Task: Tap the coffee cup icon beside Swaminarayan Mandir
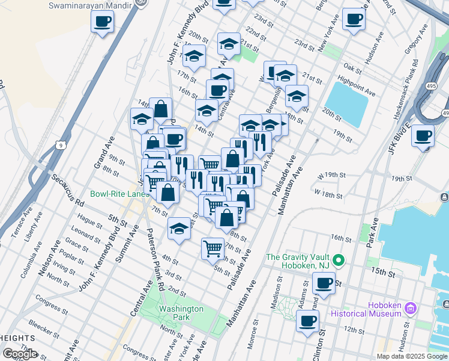tap(103, 23)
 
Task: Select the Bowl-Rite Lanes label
tap(119, 194)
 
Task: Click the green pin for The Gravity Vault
tap(339, 261)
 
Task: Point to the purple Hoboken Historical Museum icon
tap(411, 309)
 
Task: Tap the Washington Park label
tap(182, 313)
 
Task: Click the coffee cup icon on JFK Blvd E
tap(423, 136)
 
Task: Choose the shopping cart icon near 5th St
tap(213, 247)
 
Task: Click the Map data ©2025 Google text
tap(411, 356)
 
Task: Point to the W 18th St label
tap(328, 195)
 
